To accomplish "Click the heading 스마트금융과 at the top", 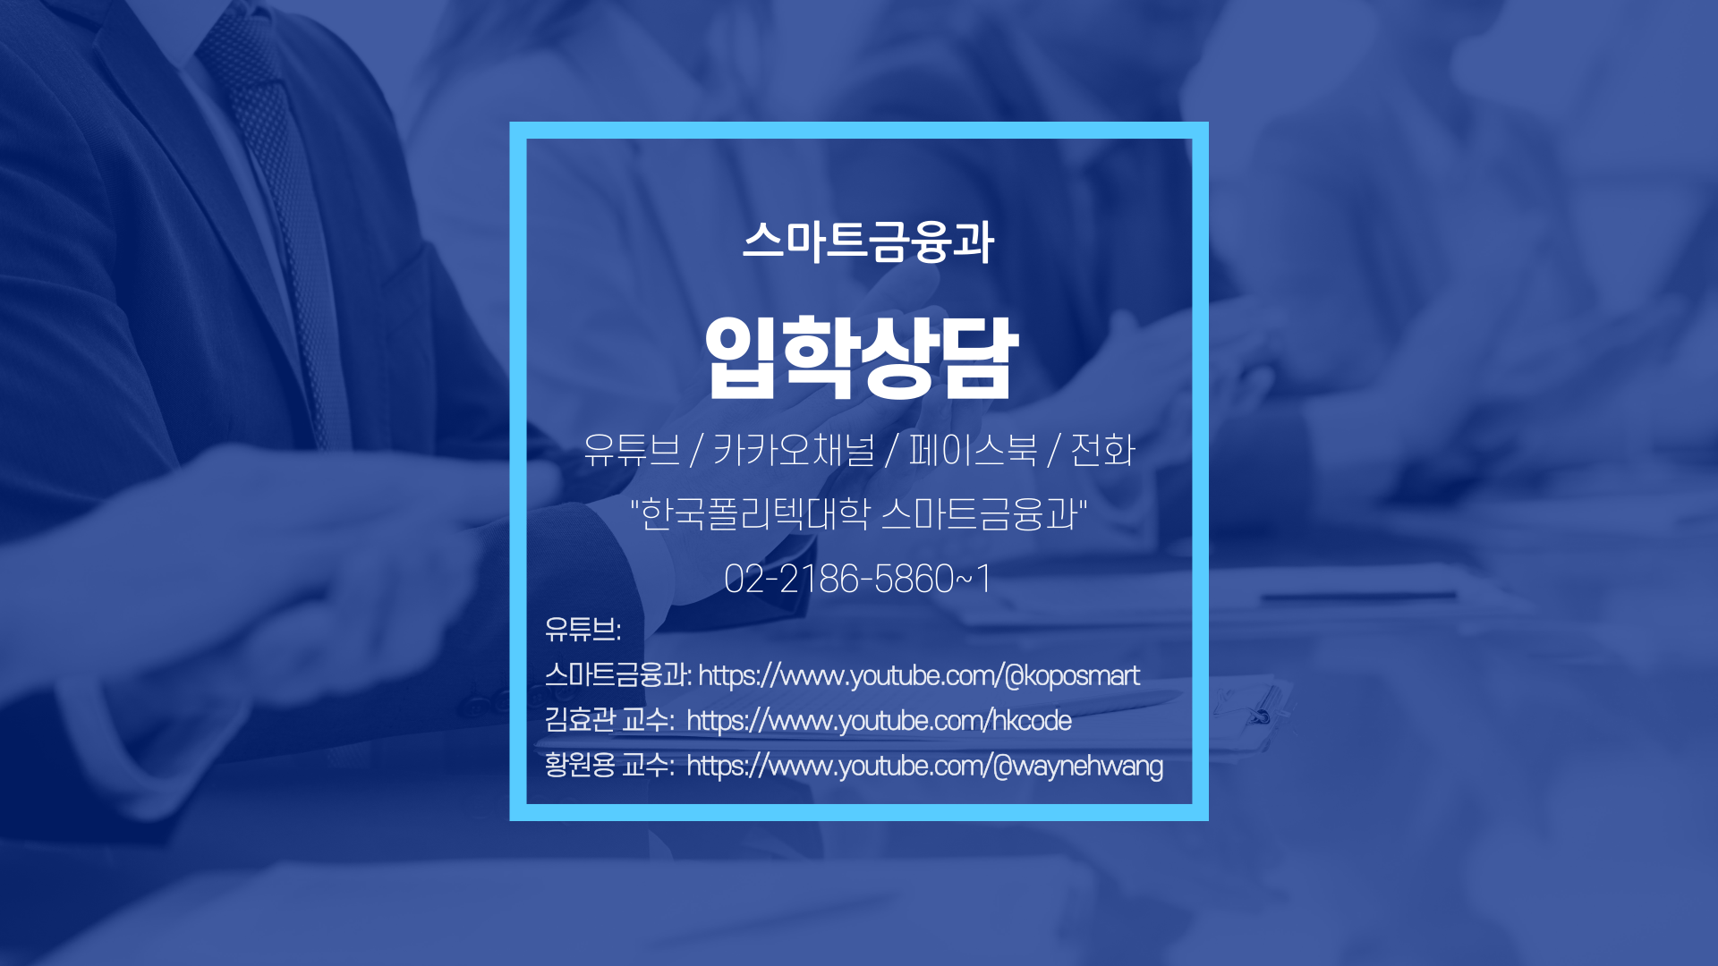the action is click(868, 241).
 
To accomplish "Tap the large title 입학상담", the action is click(861, 357).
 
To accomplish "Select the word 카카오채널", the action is click(793, 449).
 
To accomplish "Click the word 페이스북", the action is click(973, 449).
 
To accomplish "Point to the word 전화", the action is click(1102, 449).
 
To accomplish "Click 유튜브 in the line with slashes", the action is click(632, 449).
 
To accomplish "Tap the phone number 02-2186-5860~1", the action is click(857, 579).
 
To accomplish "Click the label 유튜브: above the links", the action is click(583, 629).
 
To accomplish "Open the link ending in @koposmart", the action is click(919, 675).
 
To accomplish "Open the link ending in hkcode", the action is click(879, 721).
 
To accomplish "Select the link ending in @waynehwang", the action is click(924, 767).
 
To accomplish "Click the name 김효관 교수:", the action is click(609, 720).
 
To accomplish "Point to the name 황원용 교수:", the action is click(609, 766).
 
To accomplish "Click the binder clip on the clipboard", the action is click(1260, 716).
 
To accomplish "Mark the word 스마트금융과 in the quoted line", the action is click(980, 514).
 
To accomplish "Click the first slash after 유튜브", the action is click(696, 450).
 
